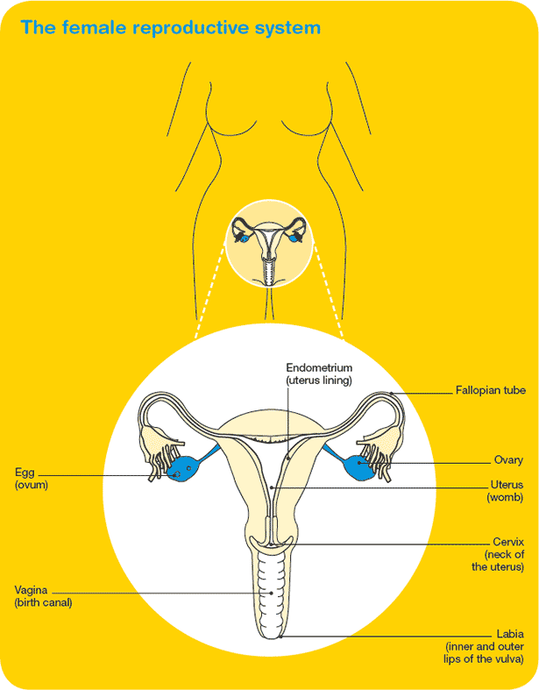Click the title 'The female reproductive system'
(x=170, y=27)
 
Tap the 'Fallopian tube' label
(x=490, y=390)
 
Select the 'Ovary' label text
(x=508, y=459)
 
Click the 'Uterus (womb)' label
(x=507, y=491)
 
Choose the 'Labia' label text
(x=510, y=633)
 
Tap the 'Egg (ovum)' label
(x=31, y=478)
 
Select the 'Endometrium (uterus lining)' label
(x=319, y=373)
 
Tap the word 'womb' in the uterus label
(x=506, y=498)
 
